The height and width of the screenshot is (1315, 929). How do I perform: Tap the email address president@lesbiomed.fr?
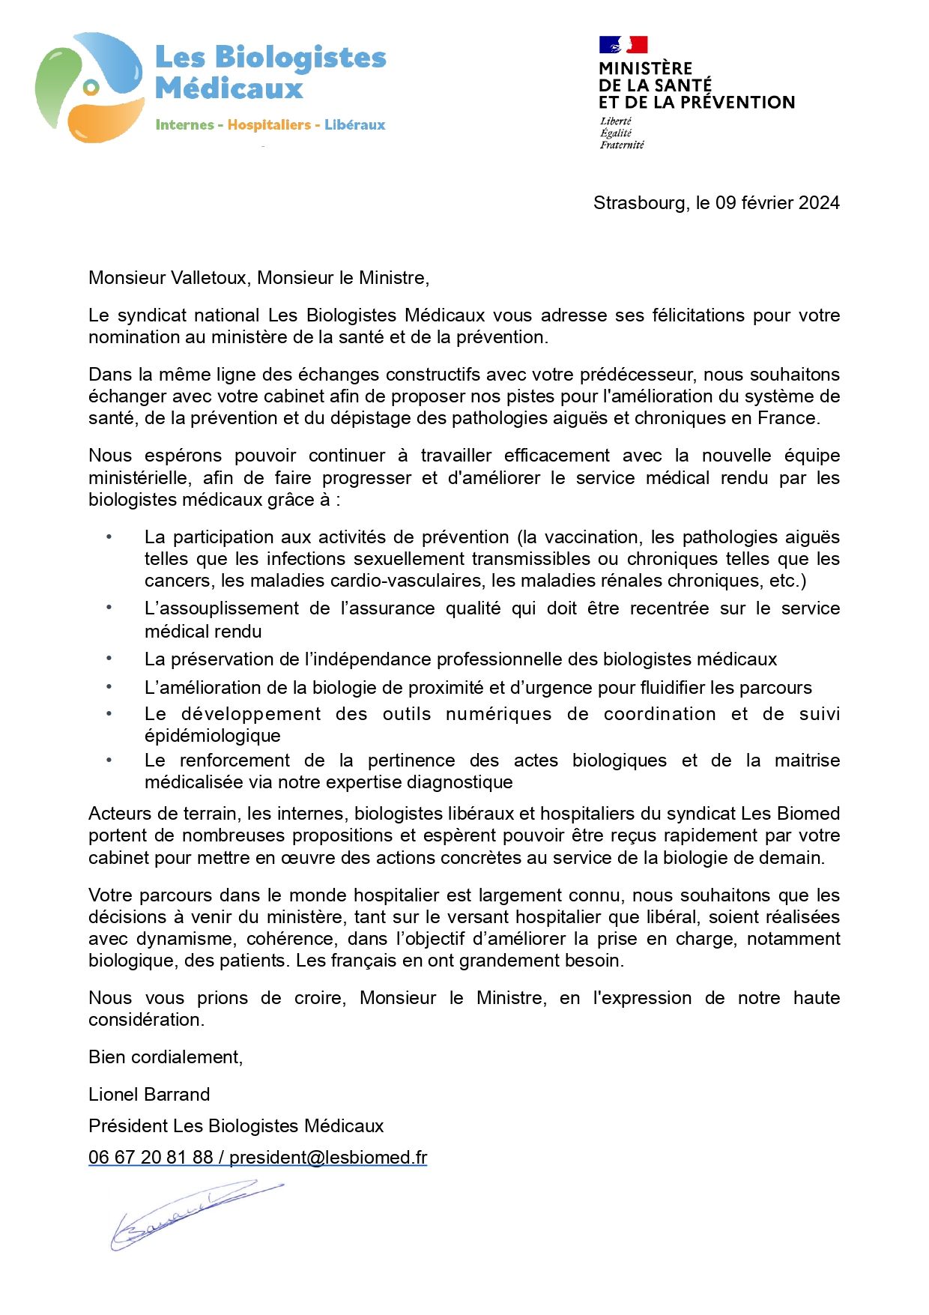click(328, 1158)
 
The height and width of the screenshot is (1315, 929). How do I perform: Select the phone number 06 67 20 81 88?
click(151, 1158)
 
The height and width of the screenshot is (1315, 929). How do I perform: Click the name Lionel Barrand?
click(149, 1095)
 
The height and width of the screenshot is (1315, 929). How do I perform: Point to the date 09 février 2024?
click(778, 203)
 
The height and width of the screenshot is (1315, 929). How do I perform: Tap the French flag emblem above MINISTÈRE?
click(623, 45)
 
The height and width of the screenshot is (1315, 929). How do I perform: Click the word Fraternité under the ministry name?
click(621, 145)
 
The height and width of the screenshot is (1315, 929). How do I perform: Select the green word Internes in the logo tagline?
click(184, 125)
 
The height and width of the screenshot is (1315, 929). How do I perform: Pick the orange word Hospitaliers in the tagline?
click(269, 125)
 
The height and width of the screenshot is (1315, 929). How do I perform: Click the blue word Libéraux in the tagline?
click(354, 125)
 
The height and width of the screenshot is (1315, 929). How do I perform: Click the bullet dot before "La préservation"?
click(109, 659)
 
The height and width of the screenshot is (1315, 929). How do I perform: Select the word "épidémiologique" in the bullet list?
click(213, 736)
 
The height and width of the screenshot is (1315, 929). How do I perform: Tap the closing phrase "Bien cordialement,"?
click(166, 1057)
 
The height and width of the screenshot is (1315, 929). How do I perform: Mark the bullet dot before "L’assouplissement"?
click(109, 608)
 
